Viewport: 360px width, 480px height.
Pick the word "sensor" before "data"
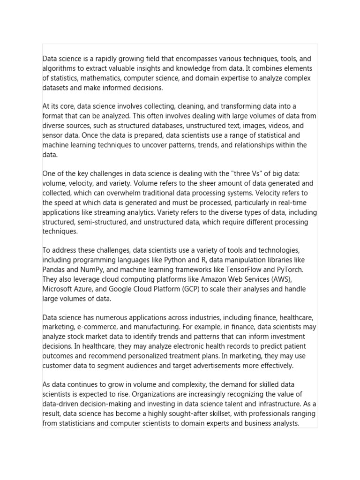pyautogui.click(x=52, y=135)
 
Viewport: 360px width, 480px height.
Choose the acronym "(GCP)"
pyautogui.click(x=190, y=289)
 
